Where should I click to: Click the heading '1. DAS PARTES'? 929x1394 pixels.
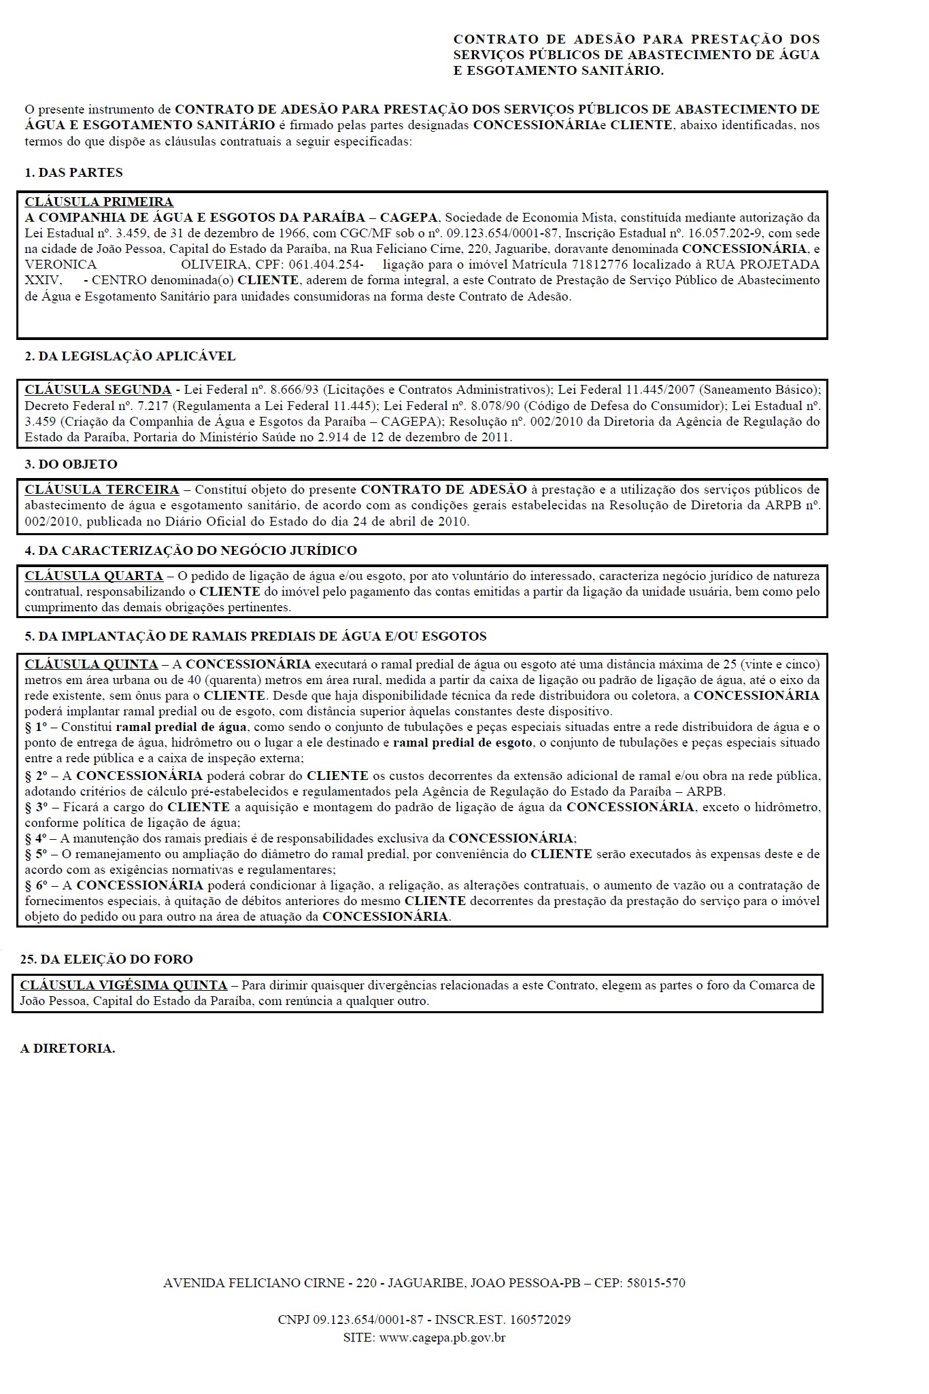73,173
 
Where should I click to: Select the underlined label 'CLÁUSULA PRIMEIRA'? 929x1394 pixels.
99,202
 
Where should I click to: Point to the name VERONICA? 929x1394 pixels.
61,265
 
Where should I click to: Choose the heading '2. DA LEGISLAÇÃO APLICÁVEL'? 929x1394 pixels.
130,356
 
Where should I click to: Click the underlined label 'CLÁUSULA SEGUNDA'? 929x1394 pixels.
98,390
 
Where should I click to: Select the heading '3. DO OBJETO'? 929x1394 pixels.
71,464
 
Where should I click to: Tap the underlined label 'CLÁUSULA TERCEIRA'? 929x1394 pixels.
102,490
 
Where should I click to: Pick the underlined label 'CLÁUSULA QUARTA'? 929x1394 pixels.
94,576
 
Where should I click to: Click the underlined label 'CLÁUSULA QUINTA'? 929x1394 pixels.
91,664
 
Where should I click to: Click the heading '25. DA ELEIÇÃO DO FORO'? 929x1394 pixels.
107,959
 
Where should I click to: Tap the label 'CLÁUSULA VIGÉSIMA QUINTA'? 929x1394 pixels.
124,985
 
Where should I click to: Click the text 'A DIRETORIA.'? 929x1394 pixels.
67,1049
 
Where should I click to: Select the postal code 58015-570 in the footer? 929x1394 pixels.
656,1283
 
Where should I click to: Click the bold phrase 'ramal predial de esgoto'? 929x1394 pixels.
462,743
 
